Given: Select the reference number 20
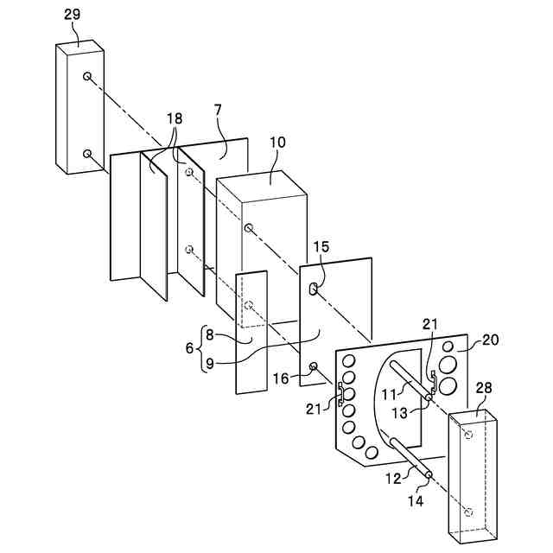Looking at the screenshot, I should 490,340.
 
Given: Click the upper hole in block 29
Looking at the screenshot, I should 88,77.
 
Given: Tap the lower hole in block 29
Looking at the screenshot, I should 88,153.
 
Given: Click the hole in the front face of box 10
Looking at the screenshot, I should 249,227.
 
